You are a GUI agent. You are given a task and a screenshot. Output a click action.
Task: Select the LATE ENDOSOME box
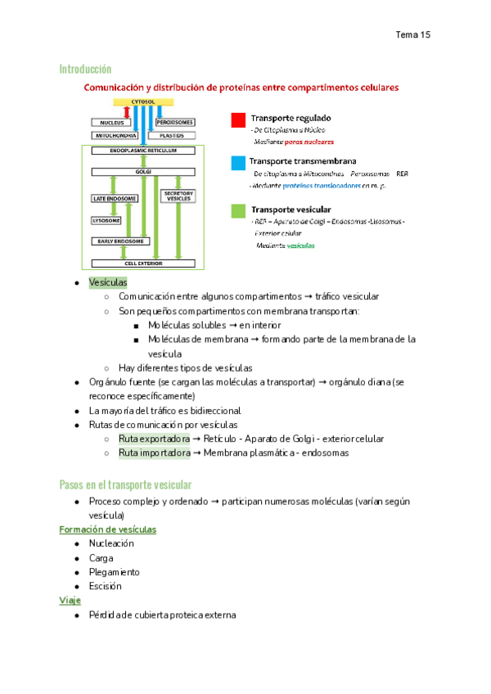[x=111, y=199]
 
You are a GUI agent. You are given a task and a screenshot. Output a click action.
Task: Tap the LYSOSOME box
[x=106, y=221]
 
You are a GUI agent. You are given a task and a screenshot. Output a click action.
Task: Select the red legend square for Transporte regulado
[x=237, y=120]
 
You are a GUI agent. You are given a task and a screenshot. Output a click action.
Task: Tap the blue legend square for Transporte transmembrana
[x=237, y=163]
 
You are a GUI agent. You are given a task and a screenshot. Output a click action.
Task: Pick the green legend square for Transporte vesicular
[x=237, y=210]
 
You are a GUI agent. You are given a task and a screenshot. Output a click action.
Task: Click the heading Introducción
[x=85, y=69]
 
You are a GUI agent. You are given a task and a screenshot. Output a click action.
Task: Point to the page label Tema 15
[x=412, y=34]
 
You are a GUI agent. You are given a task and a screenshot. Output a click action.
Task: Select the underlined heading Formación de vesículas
[x=108, y=530]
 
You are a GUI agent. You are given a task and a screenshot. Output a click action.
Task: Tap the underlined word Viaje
[x=70, y=601]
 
